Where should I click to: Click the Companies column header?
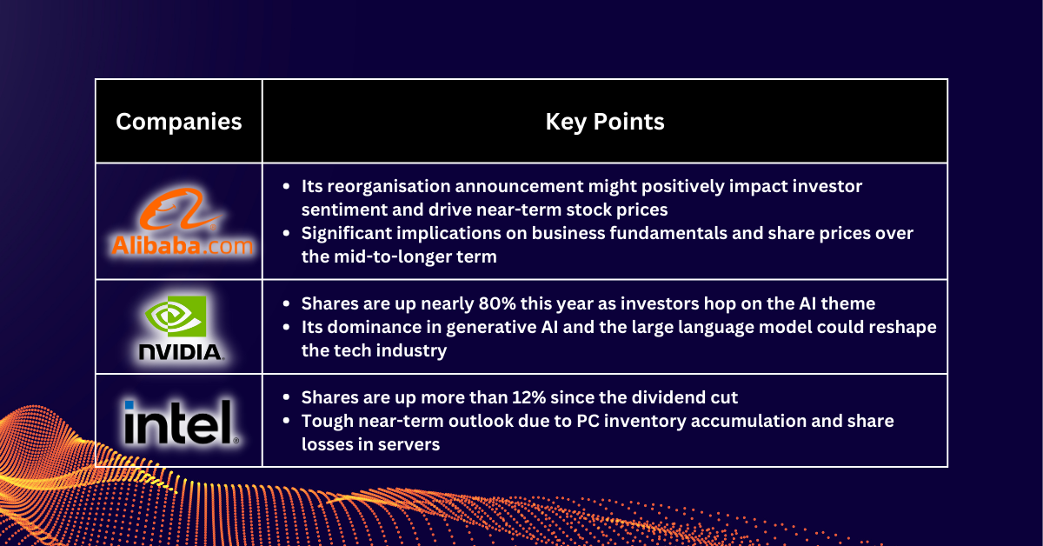click(x=178, y=122)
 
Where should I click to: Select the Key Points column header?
click(x=605, y=122)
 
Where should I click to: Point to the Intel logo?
click(x=179, y=422)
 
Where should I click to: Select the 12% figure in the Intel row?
click(x=531, y=397)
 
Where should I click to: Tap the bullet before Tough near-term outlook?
click(x=287, y=421)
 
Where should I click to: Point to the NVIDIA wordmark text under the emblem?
click(x=179, y=352)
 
